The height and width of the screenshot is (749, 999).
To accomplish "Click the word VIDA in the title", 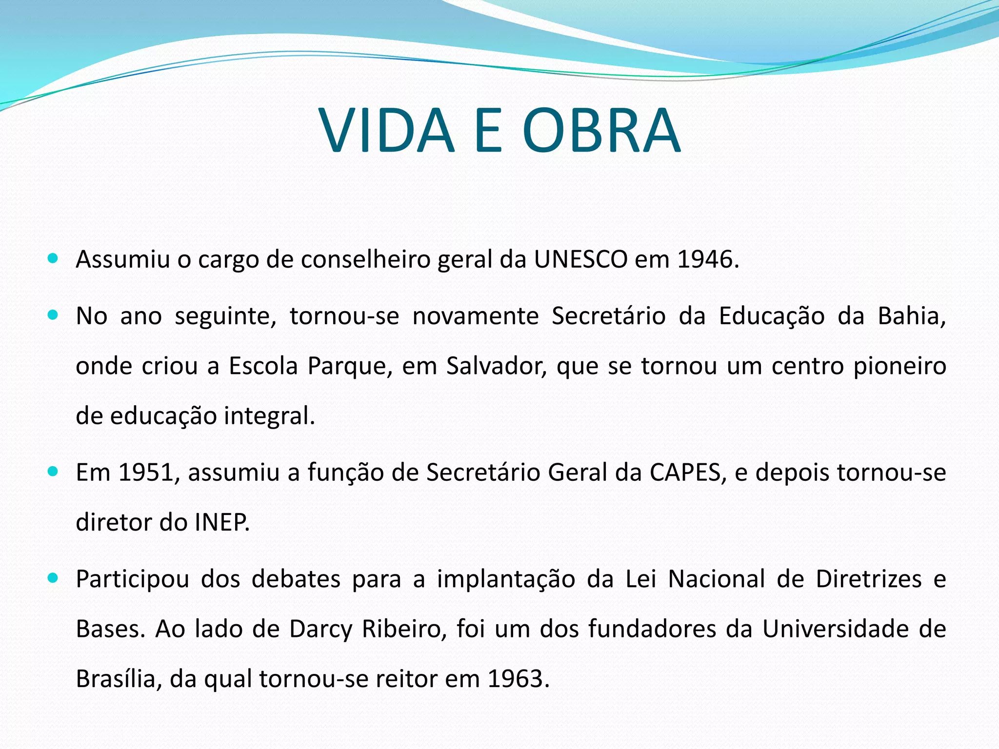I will coord(387,131).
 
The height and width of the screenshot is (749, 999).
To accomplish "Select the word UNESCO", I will coord(580,259).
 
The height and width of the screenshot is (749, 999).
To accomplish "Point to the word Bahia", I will coord(911,316).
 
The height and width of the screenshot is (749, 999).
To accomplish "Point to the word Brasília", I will coord(116,679).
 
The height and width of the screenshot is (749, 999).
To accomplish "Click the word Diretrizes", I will coord(869,579).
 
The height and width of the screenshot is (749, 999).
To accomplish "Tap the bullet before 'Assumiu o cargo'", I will coord(53,258).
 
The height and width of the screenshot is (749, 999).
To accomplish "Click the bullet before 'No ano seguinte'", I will coord(53,315).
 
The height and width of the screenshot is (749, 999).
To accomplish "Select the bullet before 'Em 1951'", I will coord(53,472).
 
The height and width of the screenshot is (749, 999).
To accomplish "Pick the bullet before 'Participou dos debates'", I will coord(53,578).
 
